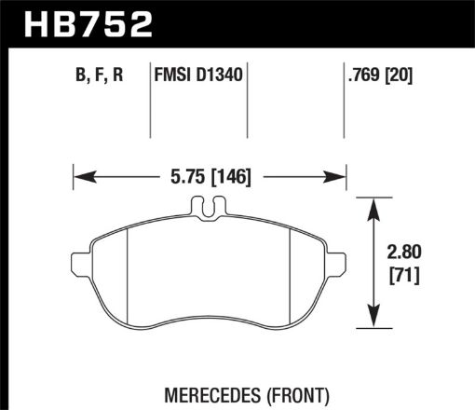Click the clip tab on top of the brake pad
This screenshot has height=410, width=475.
click(210, 210)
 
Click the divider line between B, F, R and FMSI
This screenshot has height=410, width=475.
click(152, 102)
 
